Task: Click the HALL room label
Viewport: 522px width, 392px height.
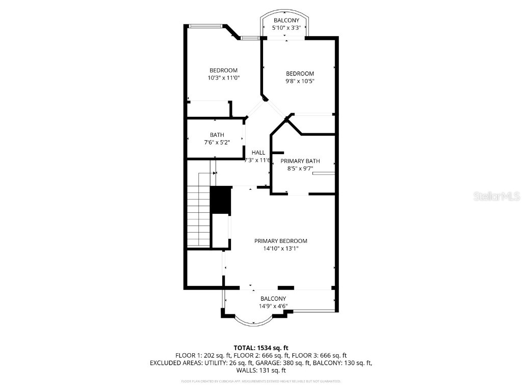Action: click(258, 152)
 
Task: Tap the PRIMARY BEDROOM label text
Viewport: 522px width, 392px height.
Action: click(281, 241)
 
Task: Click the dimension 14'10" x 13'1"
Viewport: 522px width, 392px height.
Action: click(281, 249)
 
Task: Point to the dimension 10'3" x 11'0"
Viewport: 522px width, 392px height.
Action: click(223, 78)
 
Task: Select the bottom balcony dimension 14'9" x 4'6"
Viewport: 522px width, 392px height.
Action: click(273, 306)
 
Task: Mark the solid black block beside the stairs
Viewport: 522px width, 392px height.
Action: click(221, 200)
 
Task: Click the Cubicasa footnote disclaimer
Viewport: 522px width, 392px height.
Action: click(260, 381)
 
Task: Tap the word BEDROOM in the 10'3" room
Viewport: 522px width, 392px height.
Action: click(223, 70)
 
